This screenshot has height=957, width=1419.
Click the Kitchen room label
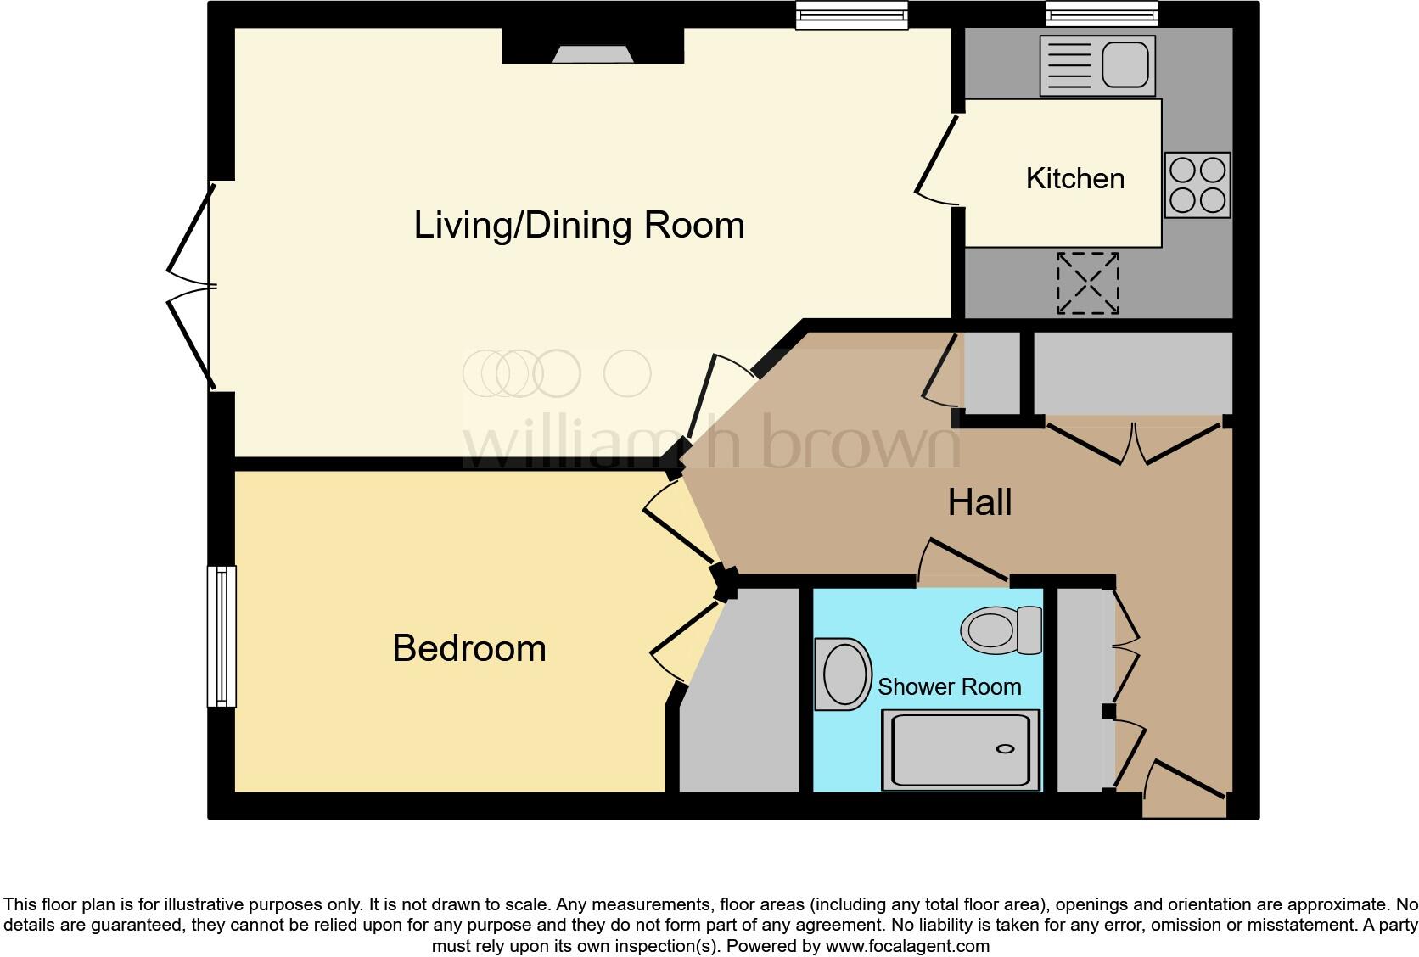(1074, 178)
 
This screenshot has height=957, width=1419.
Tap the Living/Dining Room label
(579, 225)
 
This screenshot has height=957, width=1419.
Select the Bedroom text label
(468, 648)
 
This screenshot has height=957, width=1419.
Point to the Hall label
(979, 502)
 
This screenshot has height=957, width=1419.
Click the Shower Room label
(949, 686)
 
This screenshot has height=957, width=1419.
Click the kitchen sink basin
(1125, 65)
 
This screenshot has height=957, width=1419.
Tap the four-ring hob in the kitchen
(1197, 185)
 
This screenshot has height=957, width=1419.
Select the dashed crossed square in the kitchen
(1087, 283)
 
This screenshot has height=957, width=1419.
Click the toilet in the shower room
(1001, 630)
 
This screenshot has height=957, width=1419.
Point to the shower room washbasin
(844, 674)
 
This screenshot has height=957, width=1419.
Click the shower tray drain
(1005, 748)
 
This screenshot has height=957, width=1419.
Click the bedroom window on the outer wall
(222, 636)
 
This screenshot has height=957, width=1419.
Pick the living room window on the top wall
(851, 14)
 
